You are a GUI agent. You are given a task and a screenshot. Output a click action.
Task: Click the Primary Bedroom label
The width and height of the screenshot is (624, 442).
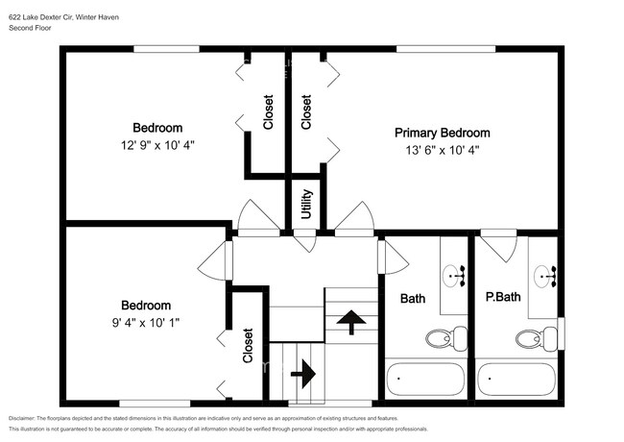[x=443, y=133]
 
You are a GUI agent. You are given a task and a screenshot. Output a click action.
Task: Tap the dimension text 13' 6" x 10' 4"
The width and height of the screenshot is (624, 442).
[x=443, y=150]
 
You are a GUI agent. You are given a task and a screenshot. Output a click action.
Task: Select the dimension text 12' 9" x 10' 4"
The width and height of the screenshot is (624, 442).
[x=157, y=144]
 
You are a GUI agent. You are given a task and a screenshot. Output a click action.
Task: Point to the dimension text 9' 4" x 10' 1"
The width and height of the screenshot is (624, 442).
[x=145, y=322]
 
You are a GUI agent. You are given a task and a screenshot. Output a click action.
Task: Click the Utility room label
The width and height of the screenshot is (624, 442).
[x=306, y=205]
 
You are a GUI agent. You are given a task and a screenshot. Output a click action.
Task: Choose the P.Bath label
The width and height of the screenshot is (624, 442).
[x=502, y=297]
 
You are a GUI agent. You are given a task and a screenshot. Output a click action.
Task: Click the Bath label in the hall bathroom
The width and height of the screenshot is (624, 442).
[x=413, y=299]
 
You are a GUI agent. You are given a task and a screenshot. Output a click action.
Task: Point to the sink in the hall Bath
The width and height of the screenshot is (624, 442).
[x=454, y=277]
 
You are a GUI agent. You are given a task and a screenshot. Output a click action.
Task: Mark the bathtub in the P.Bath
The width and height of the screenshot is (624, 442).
[x=516, y=379]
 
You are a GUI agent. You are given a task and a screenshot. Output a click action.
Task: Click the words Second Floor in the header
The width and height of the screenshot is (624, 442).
[x=31, y=29]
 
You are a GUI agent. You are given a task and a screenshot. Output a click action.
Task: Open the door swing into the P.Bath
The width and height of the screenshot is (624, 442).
[x=498, y=246]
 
